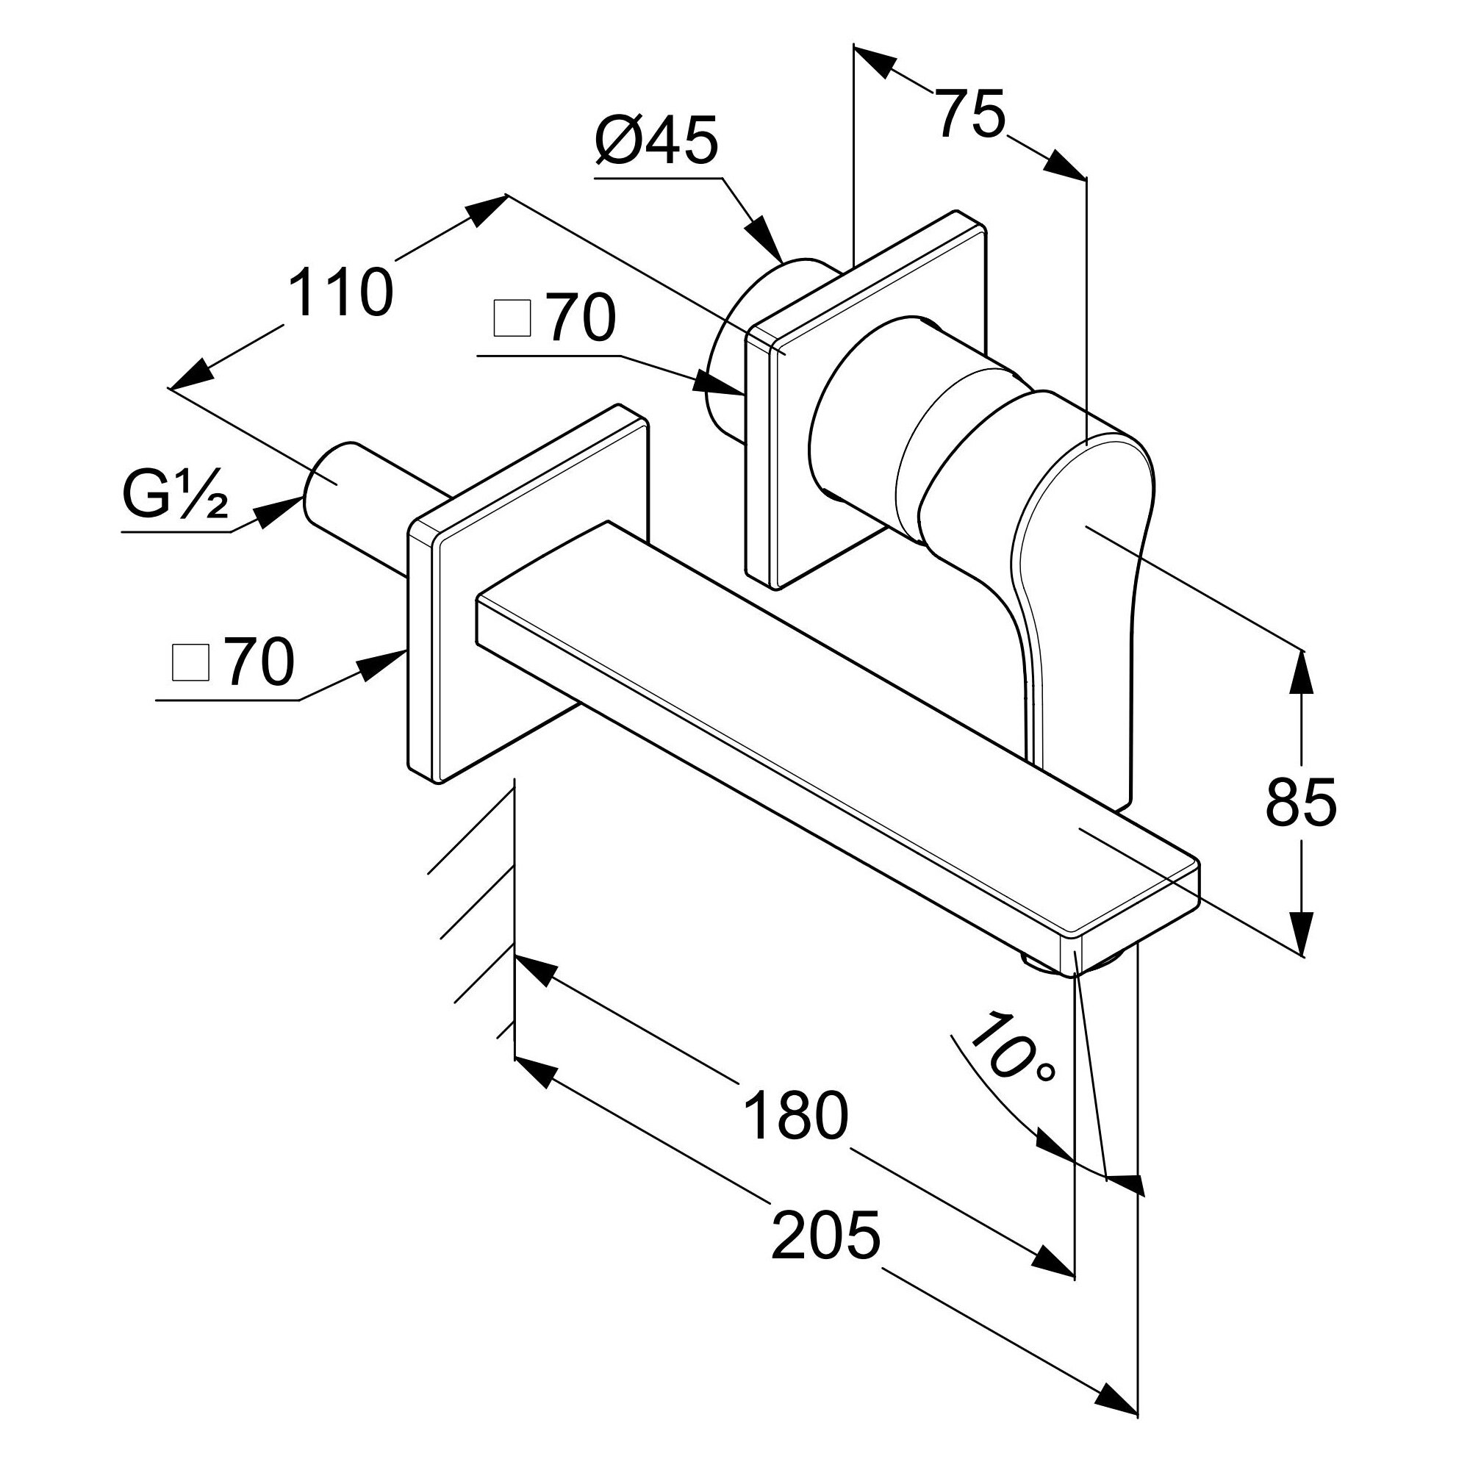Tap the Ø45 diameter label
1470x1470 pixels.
pos(656,142)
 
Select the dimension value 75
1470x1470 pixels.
pos(969,114)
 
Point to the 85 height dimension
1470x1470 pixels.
pos(1300,803)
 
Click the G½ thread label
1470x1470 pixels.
pos(174,495)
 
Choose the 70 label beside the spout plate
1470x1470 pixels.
pos(259,662)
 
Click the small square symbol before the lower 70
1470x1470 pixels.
pos(190,664)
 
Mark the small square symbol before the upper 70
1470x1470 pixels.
pos(512,319)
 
